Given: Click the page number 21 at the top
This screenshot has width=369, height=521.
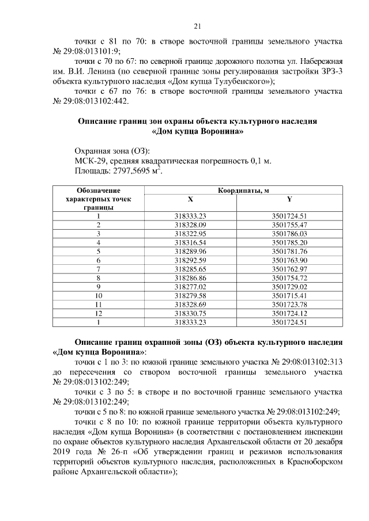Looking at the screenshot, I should pyautogui.click(x=197, y=26).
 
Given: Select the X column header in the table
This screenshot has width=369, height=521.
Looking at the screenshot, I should pyautogui.click(x=190, y=199).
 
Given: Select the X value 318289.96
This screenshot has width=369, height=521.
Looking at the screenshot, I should pyautogui.click(x=190, y=252).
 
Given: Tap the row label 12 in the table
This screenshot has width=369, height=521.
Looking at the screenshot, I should pyautogui.click(x=99, y=314).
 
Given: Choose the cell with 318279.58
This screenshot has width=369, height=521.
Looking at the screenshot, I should pyautogui.click(x=190, y=296).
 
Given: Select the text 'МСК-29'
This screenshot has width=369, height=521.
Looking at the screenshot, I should pyautogui.click(x=89, y=161).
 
